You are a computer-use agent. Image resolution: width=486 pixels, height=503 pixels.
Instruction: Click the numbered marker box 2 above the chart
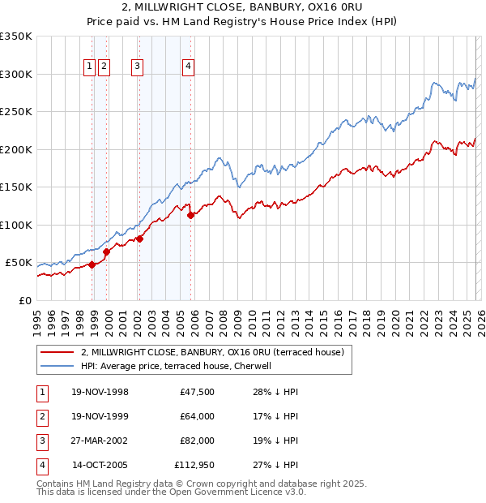click(x=104, y=67)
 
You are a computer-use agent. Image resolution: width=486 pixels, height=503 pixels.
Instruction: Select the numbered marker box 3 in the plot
click(x=137, y=67)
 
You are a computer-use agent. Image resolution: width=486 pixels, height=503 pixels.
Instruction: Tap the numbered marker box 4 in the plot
click(x=188, y=67)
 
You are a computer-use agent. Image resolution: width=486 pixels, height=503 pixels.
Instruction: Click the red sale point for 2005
click(x=191, y=215)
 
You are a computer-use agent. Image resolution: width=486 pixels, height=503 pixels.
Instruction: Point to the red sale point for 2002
click(x=140, y=239)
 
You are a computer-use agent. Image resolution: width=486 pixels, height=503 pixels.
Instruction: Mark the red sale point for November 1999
click(x=106, y=251)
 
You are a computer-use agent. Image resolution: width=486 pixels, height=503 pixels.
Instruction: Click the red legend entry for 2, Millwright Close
click(x=212, y=352)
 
